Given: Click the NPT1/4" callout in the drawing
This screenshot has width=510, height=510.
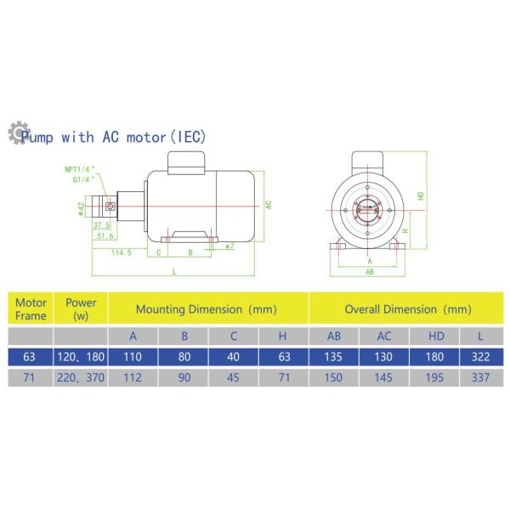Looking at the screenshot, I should tap(81, 168).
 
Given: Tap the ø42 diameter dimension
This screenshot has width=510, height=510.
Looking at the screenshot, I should tap(80, 207).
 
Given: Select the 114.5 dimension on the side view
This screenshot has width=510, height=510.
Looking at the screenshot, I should tap(122, 252).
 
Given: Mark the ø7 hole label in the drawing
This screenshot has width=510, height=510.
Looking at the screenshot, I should tap(229, 246).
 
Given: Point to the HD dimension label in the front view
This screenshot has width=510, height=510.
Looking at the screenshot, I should tap(420, 196).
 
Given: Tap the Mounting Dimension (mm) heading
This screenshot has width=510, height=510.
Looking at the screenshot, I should tap(208, 309).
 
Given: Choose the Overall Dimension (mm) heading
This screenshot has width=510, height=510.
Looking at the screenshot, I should tap(407, 309).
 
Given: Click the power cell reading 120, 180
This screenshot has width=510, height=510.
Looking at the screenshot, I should tap(81, 356).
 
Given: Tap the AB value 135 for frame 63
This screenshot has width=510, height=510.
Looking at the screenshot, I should tap(333, 356).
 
